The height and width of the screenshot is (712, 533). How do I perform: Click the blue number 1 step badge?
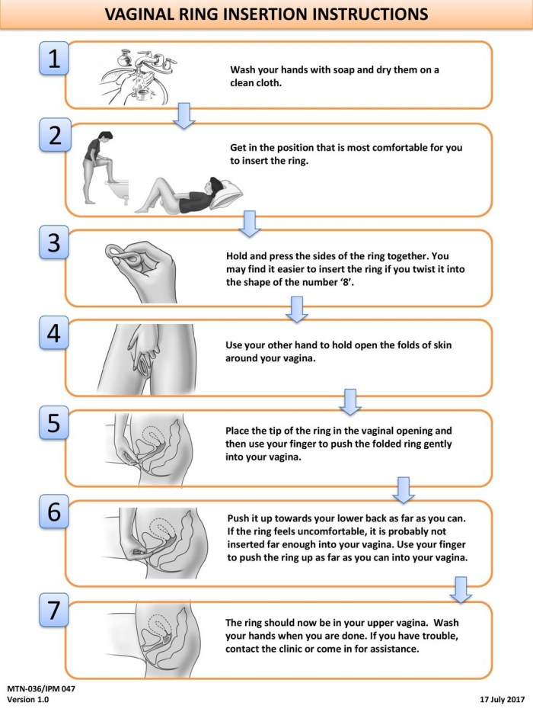coord(54,59)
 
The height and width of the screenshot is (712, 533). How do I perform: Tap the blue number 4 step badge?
coord(54,333)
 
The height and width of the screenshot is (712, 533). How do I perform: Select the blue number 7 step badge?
coord(54,610)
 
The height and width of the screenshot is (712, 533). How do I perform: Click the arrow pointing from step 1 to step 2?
coord(184,116)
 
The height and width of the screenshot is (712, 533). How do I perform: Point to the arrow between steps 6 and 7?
coord(461,590)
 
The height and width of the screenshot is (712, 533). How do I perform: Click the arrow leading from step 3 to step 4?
coord(297,309)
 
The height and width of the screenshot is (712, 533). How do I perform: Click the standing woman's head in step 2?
coord(105,136)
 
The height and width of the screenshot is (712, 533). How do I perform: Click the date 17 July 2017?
coord(502,699)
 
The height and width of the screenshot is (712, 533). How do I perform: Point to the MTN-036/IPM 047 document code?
coord(41,688)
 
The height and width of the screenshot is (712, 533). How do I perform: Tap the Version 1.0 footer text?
coord(27,699)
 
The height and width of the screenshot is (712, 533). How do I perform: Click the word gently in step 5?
coord(437,444)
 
